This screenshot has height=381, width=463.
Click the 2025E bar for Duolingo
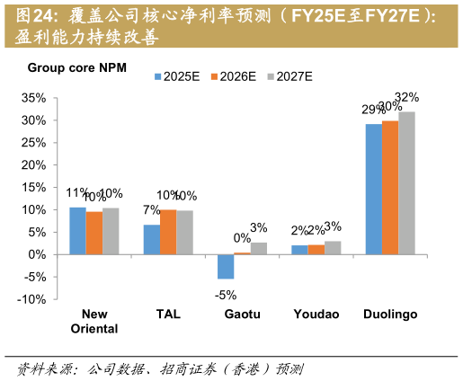pos(373,189)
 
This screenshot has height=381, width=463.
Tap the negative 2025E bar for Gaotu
pos(226,266)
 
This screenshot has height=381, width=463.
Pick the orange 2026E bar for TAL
pos(168,232)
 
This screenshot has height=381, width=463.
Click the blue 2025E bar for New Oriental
pos(77,231)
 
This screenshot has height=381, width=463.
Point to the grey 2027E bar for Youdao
pos(333,247)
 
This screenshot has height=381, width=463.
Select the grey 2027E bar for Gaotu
pos(259,248)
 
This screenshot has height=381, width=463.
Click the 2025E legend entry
pos(180,77)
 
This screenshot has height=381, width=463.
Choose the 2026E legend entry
pos(236,77)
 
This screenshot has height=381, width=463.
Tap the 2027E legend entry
pos(291,77)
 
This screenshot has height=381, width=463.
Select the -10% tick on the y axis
pos(32,299)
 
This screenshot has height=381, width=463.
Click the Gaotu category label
pos(243,315)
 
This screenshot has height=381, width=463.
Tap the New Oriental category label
pos(94,321)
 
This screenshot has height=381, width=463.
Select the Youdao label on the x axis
pos(316,315)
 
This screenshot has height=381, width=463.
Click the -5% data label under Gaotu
pos(225,293)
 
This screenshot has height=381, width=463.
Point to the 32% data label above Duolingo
pos(407,97)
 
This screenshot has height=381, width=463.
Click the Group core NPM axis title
pos(77,67)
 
